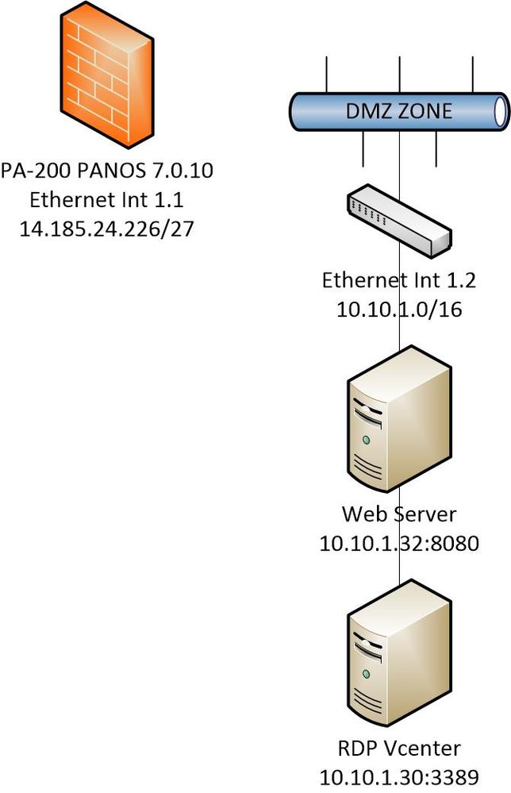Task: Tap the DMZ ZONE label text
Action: coord(398,110)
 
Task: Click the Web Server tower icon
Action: coord(398,425)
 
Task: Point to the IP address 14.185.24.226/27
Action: coord(108,228)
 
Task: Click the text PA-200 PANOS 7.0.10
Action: coord(107,171)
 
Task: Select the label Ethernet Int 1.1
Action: coord(108,199)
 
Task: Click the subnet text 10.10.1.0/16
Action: coord(398,309)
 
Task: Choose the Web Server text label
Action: coord(398,514)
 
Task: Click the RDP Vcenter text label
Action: coord(398,747)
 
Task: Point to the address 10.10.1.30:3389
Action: coord(398,776)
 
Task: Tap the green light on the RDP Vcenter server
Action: coord(366,672)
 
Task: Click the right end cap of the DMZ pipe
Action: coord(501,110)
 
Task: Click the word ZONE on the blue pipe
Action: coord(425,110)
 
